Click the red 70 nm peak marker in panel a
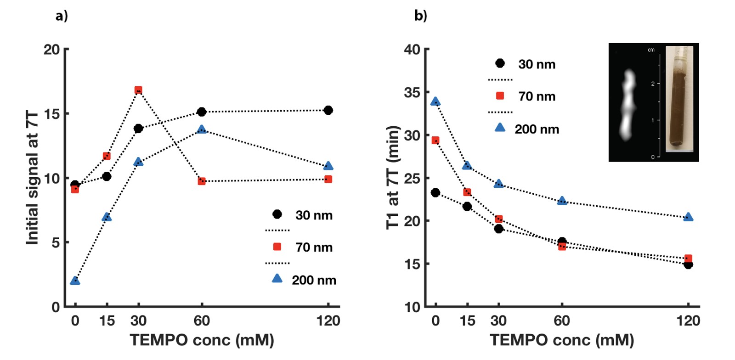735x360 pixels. tap(138, 90)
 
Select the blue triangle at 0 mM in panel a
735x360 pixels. tap(75, 281)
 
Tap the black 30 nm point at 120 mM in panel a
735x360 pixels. tap(328, 110)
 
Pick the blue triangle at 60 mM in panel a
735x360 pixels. tap(202, 130)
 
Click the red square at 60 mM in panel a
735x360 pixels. tap(202, 181)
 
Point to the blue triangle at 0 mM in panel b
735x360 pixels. tap(435, 101)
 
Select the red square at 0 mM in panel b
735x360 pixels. tap(435, 140)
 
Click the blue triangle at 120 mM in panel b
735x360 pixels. tap(688, 217)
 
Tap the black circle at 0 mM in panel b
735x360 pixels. tap(435, 193)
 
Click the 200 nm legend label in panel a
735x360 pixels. tap(314, 280)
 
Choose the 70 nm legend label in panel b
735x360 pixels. tap(537, 96)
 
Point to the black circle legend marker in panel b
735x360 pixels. tap(500, 63)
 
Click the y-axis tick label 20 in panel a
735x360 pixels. tap(52, 50)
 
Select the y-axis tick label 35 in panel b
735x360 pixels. tap(412, 93)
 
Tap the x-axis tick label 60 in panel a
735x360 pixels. tap(202, 321)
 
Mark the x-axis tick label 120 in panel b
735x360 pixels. tap(688, 321)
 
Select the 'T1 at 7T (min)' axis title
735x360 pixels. tap(393, 177)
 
